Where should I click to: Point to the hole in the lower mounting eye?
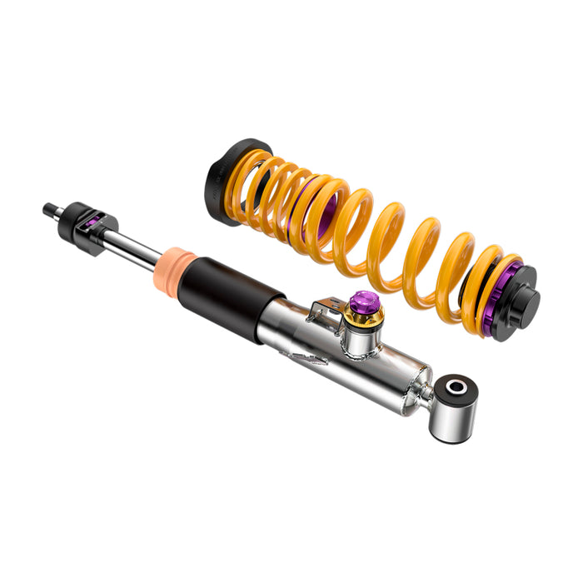click(456, 386)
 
